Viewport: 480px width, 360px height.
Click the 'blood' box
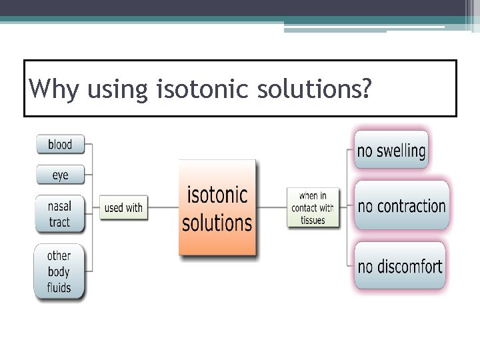(60, 144)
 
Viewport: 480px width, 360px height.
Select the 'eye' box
(60, 175)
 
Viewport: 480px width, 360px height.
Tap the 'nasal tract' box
(59, 214)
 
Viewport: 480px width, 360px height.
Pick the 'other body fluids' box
(59, 272)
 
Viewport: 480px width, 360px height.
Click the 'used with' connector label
(123, 207)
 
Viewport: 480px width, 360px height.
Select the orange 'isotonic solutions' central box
(217, 208)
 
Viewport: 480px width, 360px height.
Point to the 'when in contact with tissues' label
(313, 208)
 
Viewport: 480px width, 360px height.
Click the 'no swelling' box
(391, 150)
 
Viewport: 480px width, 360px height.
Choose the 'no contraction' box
(401, 206)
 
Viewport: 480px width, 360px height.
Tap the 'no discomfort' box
(400, 267)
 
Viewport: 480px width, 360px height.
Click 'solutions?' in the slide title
(314, 89)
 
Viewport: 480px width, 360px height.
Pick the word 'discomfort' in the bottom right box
(409, 267)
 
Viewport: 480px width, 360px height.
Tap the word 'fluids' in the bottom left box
(59, 288)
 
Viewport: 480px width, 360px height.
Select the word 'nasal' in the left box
(59, 206)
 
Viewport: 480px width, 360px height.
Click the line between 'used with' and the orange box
(163, 207)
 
